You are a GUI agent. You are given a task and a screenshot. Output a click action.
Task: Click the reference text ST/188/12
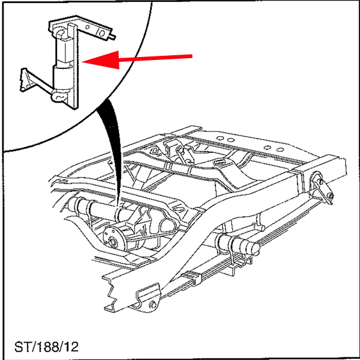click(x=46, y=347)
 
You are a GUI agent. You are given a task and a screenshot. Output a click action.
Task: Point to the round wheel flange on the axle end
click(x=114, y=239)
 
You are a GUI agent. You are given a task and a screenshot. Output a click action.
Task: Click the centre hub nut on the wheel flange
click(x=113, y=242)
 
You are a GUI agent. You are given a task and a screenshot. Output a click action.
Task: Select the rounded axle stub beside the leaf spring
click(x=253, y=248)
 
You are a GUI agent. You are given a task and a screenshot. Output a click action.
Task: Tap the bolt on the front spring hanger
click(x=152, y=305)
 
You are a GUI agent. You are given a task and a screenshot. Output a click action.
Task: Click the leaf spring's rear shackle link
click(x=322, y=188)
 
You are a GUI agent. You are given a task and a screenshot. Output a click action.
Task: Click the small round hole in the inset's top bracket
click(x=87, y=27)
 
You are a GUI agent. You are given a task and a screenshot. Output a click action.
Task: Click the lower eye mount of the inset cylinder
click(x=59, y=96)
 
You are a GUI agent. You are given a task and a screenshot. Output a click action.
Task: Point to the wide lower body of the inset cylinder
click(x=62, y=77)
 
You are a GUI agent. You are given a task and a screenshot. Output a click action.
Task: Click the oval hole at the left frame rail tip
click(x=62, y=182)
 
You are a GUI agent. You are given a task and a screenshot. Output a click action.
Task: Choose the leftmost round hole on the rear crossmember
click(x=220, y=138)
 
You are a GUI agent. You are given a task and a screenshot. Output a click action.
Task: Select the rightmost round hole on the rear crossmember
click(x=280, y=150)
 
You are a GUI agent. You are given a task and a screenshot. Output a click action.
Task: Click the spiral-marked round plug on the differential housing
click(x=143, y=233)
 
